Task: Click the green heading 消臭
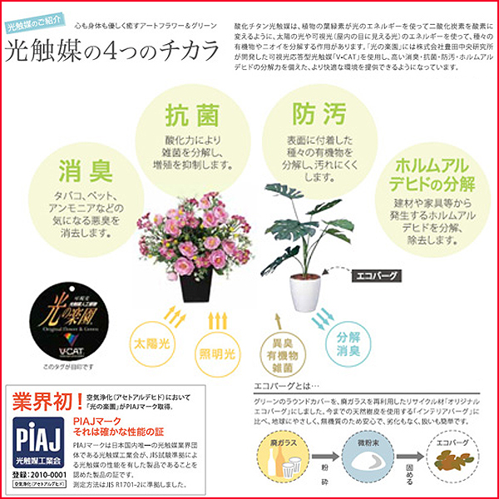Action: pyautogui.click(x=86, y=171)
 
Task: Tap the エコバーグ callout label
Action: pyautogui.click(x=378, y=272)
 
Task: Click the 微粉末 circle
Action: pyautogui.click(x=367, y=455)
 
